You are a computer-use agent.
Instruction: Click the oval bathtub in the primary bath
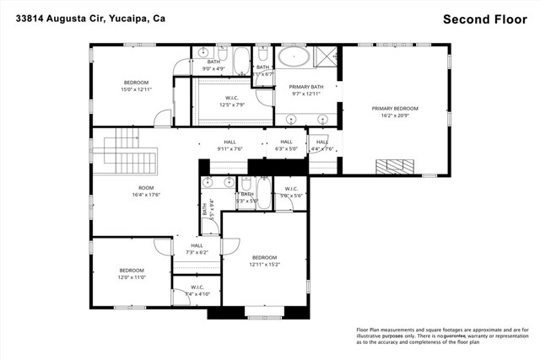[x=294, y=59]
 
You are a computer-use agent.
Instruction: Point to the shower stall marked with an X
[x=324, y=57]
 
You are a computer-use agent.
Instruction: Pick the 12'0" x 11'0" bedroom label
[x=132, y=275]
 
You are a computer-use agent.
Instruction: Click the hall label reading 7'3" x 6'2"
[x=197, y=250]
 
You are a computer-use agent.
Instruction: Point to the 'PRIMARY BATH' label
[x=305, y=91]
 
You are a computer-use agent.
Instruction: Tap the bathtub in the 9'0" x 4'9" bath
[x=240, y=61]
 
